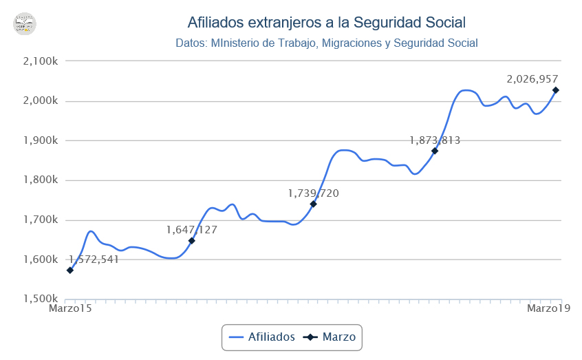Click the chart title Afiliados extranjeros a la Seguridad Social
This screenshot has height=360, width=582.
[326, 23]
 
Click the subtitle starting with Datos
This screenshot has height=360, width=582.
[326, 43]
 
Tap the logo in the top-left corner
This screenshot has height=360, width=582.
[25, 23]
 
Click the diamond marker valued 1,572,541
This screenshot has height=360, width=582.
[70, 271]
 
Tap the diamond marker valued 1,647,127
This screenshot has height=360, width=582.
[192, 240]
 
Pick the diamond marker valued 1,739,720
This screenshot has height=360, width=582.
[313, 204]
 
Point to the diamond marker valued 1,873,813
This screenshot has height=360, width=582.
[435, 151]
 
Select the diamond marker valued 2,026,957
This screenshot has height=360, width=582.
[556, 90]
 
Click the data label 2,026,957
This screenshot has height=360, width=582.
[532, 79]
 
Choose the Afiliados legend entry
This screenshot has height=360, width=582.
[262, 337]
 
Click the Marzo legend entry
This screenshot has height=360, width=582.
[331, 337]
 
